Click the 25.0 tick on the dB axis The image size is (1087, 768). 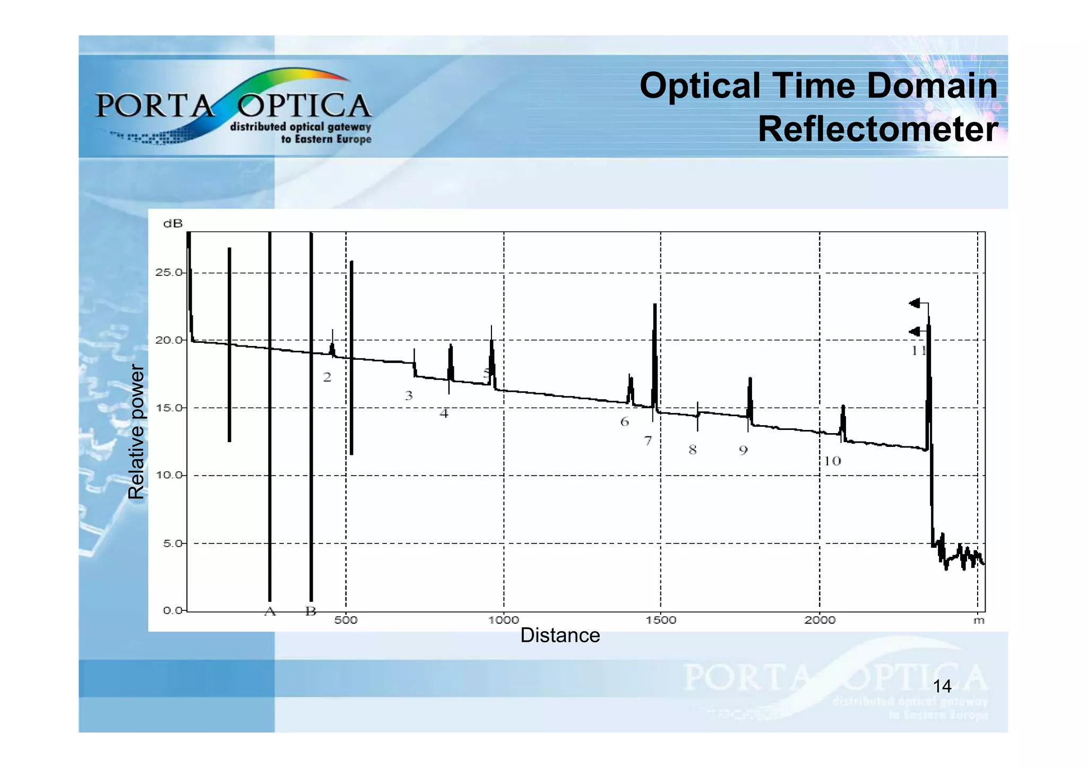(168, 273)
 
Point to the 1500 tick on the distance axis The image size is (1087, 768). (661, 620)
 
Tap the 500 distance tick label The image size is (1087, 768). (346, 620)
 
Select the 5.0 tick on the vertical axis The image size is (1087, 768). (170, 543)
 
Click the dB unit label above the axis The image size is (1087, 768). (173, 223)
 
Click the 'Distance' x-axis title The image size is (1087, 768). (560, 635)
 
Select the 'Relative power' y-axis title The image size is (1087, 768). (136, 432)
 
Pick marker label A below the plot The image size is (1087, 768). (270, 611)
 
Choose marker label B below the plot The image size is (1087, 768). (311, 611)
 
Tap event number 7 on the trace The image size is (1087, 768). (648, 441)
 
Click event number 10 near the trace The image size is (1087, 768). (832, 461)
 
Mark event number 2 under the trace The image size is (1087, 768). (327, 377)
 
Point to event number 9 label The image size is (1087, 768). (743, 451)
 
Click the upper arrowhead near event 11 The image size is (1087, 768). (914, 304)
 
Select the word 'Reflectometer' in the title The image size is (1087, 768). (878, 129)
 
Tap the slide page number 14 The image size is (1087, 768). (942, 686)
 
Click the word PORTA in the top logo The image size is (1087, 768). (154, 106)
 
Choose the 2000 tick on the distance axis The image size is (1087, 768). (820, 620)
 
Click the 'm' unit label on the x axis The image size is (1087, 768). (979, 620)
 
